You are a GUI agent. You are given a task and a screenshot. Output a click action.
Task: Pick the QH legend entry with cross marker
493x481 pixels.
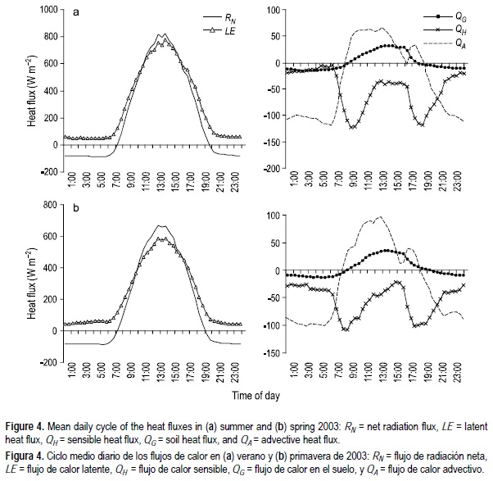pos(441,29)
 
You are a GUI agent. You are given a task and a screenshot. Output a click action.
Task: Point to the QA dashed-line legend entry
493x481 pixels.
pos(441,43)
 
